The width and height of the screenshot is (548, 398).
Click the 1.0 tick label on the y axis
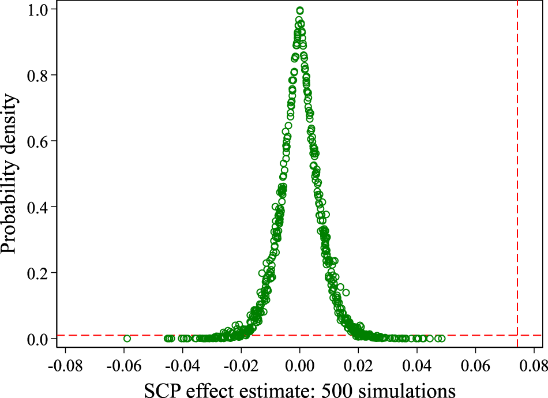pos(37,10)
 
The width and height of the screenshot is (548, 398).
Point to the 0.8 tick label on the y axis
pos(37,76)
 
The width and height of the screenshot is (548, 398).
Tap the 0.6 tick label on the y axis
pos(37,141)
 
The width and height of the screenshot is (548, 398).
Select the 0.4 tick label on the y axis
pos(37,207)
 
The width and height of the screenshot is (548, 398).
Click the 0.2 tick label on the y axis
pos(37,273)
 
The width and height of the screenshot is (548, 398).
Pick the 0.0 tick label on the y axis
pos(37,339)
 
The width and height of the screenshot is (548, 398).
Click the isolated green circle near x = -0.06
pos(127,338)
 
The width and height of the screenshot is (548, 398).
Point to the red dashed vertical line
pos(517,173)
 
